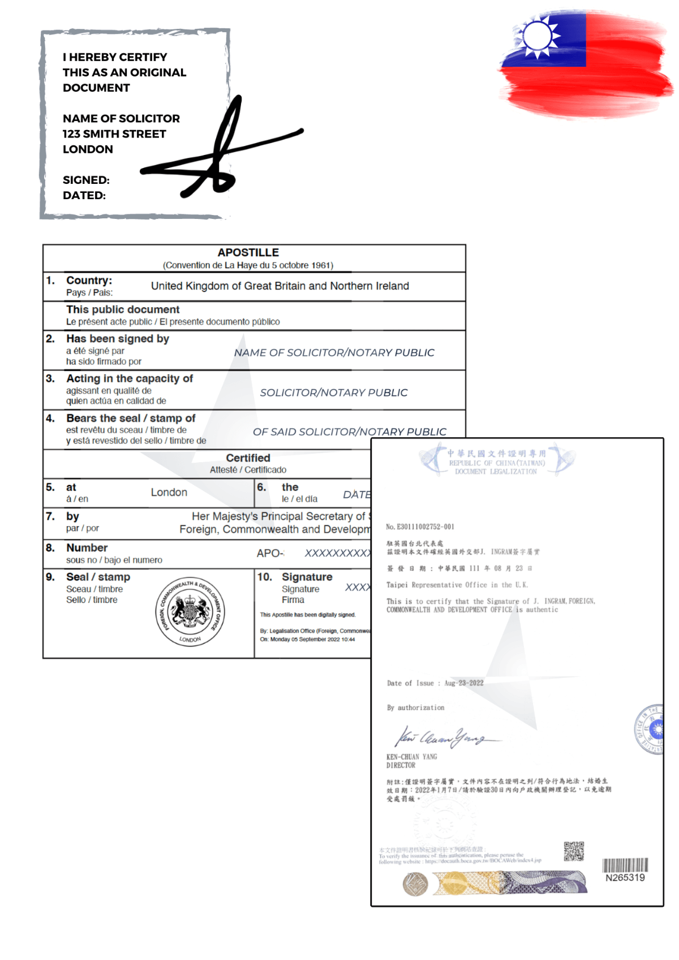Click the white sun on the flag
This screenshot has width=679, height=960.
pos(537,36)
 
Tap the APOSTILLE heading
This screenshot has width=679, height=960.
pos(248,252)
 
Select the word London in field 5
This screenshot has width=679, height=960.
pos(169,492)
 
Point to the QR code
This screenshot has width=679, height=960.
pos(573,851)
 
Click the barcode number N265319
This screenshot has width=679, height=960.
pos(625,877)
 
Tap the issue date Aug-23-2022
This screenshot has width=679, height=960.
pos(463,683)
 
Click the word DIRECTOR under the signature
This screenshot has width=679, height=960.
pos(401,765)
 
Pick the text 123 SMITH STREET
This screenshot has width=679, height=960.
pos(114,134)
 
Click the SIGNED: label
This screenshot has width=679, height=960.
pos(86,180)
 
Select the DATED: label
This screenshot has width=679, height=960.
pos(84,195)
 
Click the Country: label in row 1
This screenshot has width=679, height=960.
pos(89,281)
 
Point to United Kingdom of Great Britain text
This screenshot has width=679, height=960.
pos(280,286)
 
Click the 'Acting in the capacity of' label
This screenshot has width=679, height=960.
pos(130,378)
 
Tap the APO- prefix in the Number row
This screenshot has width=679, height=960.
pos(270,553)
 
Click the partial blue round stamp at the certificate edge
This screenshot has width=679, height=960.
pos(650,729)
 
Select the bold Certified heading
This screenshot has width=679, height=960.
pos(248,458)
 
